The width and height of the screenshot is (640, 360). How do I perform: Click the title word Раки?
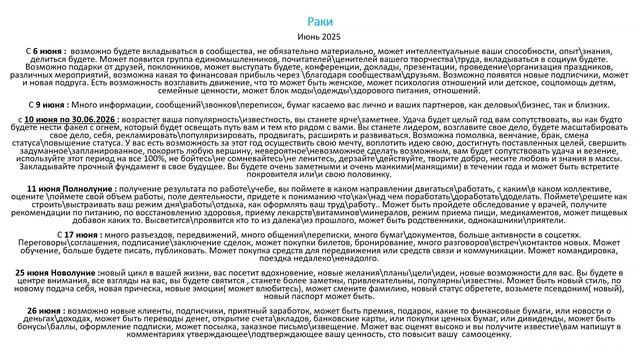point(319,18)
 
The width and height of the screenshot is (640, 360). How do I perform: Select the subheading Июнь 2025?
point(319,34)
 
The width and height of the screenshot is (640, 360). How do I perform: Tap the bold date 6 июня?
point(47,48)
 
